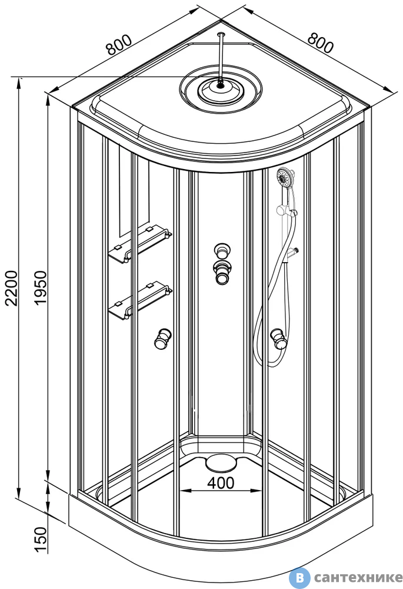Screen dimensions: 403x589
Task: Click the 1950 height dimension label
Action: (x=40, y=288)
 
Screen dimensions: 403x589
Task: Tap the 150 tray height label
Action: (x=41, y=540)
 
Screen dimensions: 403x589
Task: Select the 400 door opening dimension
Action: (x=221, y=483)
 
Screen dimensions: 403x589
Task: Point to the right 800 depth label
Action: (x=320, y=43)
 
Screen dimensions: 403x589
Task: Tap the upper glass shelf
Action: (x=139, y=244)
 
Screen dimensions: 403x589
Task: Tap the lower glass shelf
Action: (x=139, y=300)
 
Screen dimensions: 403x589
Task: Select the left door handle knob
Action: (x=163, y=339)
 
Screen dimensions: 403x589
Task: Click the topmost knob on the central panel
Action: (x=222, y=250)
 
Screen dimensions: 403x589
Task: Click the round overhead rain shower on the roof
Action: (x=221, y=90)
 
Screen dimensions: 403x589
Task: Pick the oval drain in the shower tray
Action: (x=222, y=462)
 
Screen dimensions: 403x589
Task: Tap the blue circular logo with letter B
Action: (x=299, y=577)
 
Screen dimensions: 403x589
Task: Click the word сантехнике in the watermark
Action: (x=358, y=577)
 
